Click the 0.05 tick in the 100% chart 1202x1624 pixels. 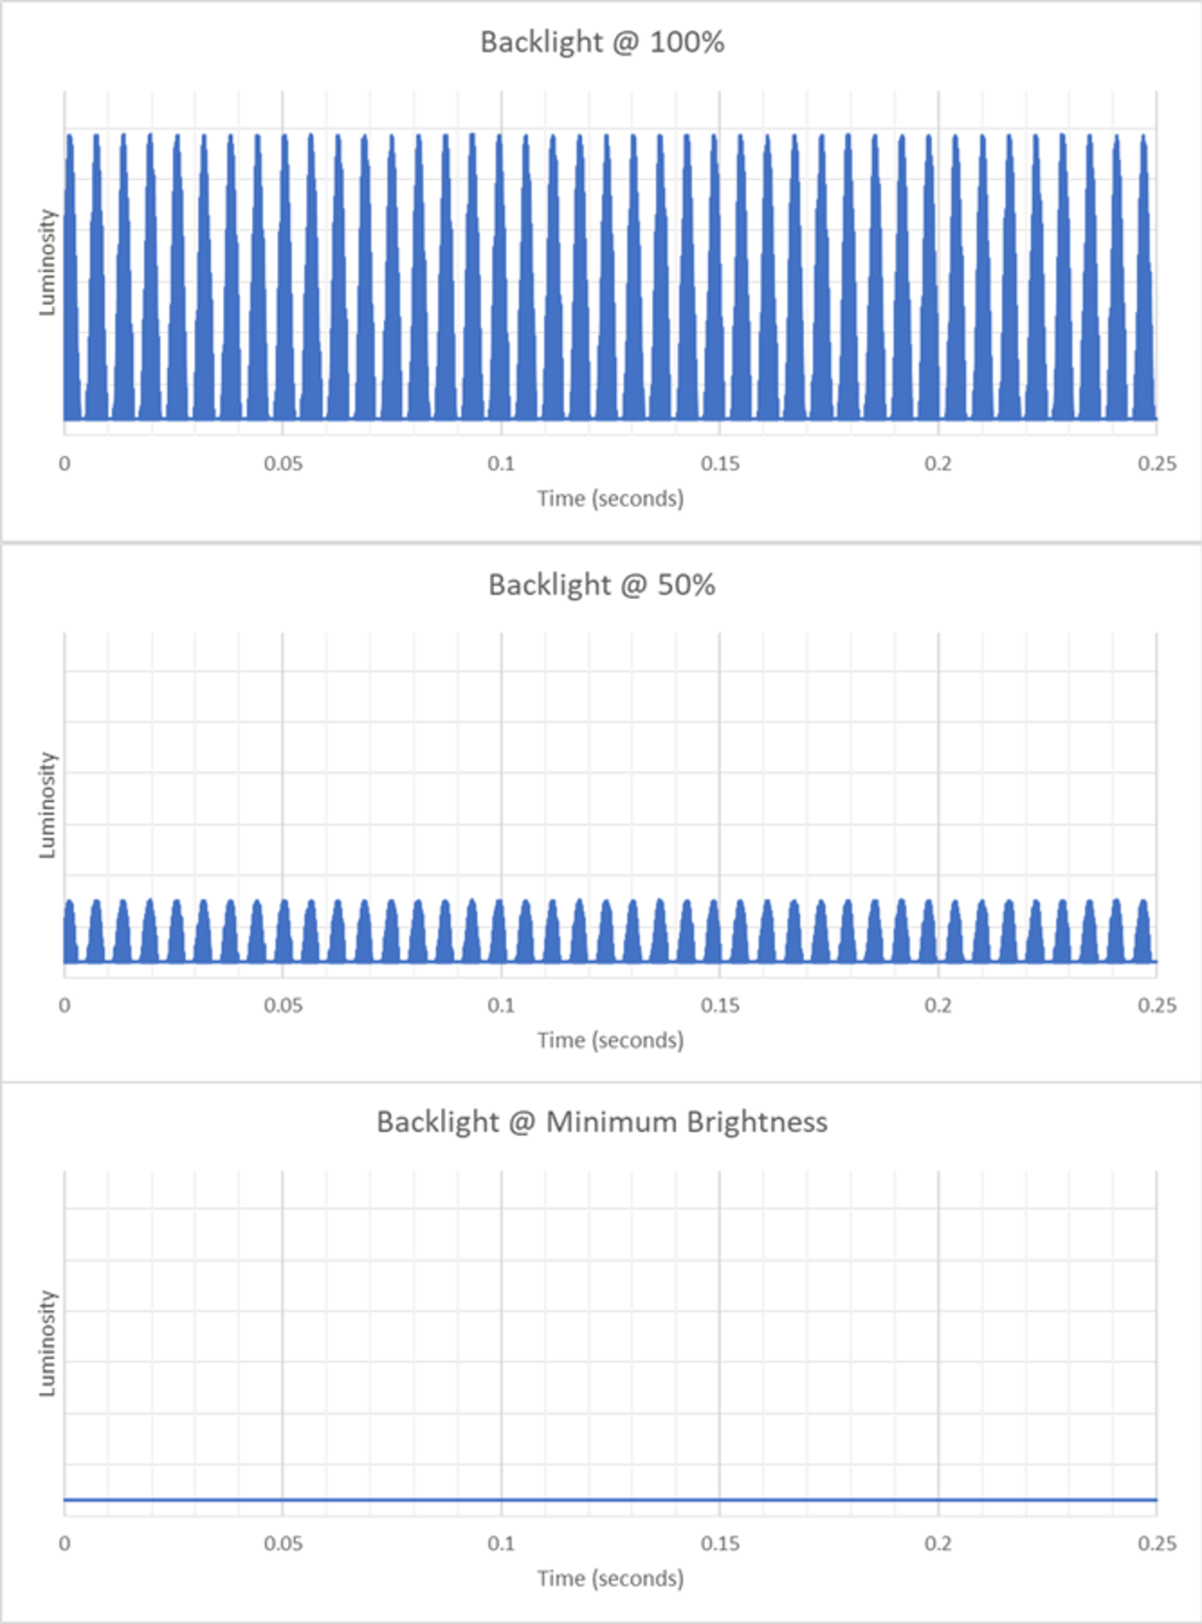coord(283,463)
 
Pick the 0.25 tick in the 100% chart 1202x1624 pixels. coord(1156,463)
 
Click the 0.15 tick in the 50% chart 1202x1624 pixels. coord(720,1006)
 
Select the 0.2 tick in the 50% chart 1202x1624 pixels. coord(938,1006)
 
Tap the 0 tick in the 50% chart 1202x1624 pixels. coord(65,1006)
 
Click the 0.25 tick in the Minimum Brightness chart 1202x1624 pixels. coord(1156,1543)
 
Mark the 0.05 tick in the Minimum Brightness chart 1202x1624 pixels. coord(283,1543)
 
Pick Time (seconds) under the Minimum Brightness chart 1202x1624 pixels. coord(610,1578)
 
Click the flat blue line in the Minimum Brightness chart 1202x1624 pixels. coord(610,1500)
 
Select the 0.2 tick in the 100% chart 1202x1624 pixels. coord(938,463)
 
